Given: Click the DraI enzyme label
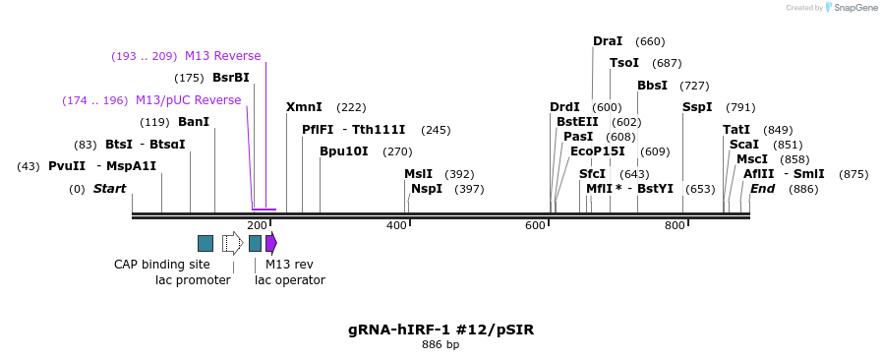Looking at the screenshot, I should pos(607,41).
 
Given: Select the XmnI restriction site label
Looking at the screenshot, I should pos(304,107).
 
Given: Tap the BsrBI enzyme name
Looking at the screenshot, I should pos(231,78).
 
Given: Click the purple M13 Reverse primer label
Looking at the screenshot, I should pos(222,56).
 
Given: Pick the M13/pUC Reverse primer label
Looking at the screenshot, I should pos(188,100).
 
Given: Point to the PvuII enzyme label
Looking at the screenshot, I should pos(67,166).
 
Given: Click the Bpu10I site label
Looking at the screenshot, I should pos(344,151).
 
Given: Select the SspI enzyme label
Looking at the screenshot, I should pos(697,107).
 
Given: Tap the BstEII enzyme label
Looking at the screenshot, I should pos(577,122).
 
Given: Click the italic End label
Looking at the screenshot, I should pos(763,189).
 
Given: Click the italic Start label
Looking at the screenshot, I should pos(109,189).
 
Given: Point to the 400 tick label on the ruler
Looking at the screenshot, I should pos(396,226).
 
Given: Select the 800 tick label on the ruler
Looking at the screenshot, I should pos(675,226).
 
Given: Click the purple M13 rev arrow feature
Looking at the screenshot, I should pos(271,243).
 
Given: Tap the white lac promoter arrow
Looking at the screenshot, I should pos(232,243).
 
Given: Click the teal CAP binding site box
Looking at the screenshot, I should pos(206,243).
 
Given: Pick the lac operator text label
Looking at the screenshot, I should pos(290,280).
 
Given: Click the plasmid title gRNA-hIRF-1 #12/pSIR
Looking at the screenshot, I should pos(441,330).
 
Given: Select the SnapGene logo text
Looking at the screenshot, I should pos(852,8).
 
